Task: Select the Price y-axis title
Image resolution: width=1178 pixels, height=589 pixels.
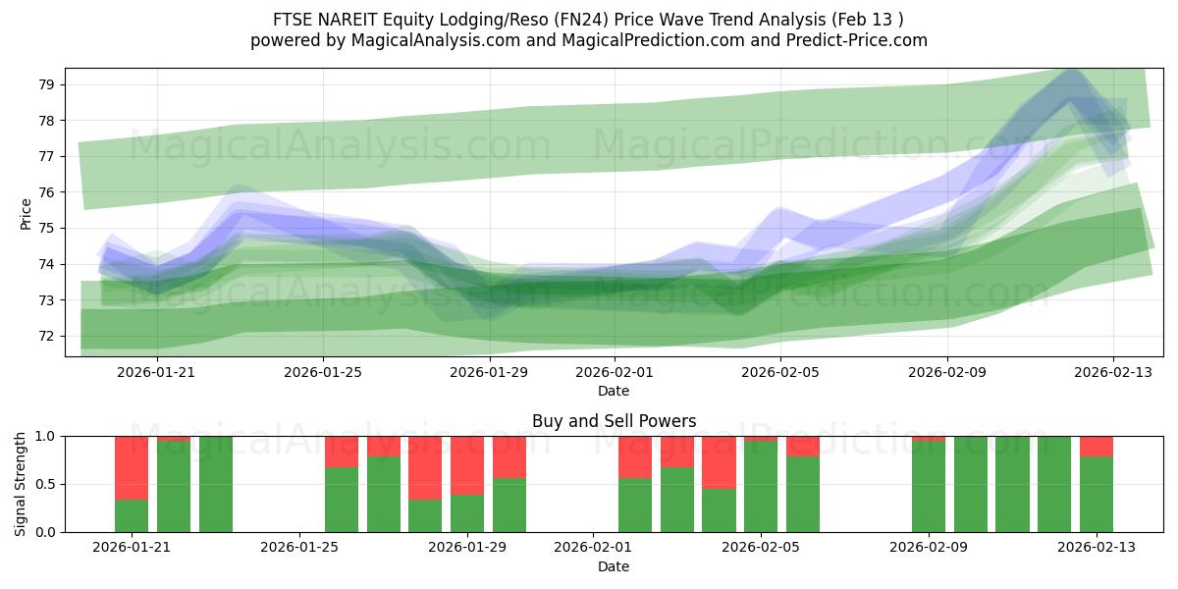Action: [26, 213]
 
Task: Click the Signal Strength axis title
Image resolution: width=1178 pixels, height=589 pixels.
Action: [21, 484]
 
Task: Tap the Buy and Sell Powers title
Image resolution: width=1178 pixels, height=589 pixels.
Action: [614, 421]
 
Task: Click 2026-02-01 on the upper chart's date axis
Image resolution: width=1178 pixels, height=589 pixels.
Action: [614, 373]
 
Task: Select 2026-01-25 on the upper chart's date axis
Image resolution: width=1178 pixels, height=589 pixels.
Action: [324, 373]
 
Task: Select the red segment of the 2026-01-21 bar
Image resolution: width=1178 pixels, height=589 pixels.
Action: [132, 467]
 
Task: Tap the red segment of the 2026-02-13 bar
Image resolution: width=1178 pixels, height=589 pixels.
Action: [1097, 446]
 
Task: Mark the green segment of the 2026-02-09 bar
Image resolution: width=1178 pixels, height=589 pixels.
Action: [929, 486]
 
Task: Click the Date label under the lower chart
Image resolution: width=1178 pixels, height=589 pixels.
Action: [614, 566]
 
